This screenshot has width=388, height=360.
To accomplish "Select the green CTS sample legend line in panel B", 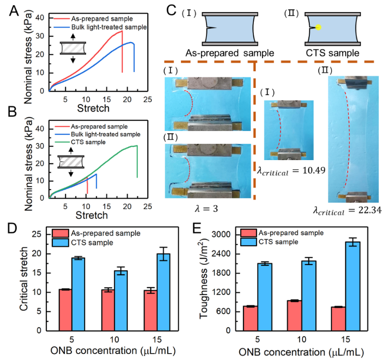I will (x=63, y=142).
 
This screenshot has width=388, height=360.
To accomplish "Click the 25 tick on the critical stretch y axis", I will (x=40, y=235).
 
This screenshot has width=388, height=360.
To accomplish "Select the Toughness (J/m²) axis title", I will (x=204, y=282).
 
